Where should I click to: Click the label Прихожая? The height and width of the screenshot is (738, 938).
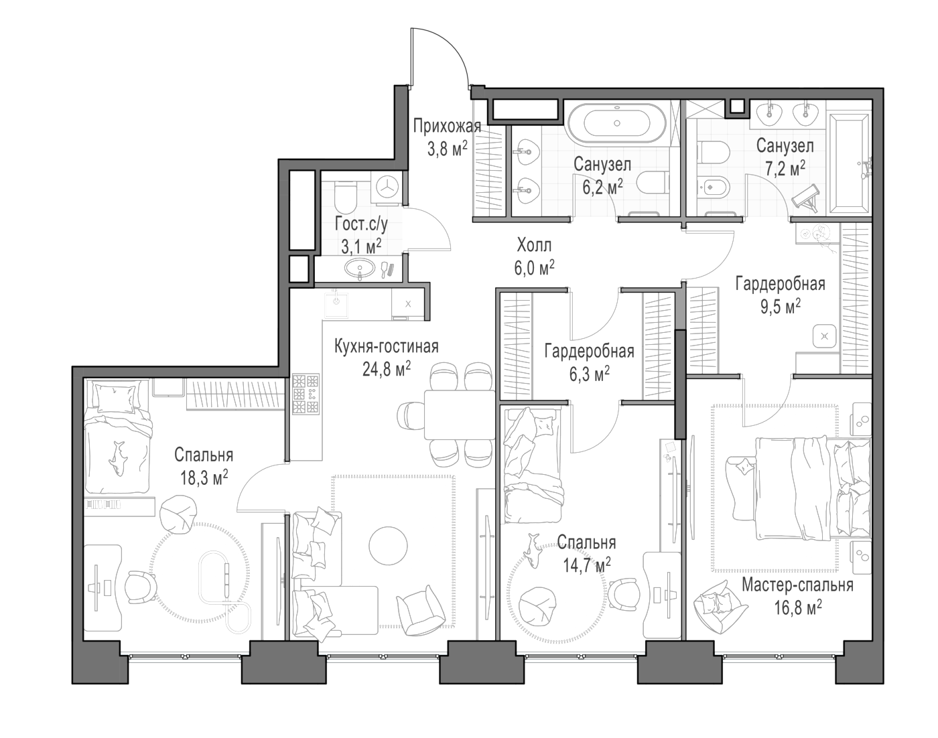pyautogui.click(x=447, y=127)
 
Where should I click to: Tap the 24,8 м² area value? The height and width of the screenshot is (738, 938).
pyautogui.click(x=386, y=370)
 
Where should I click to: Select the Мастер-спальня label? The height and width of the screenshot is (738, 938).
pyautogui.click(x=797, y=585)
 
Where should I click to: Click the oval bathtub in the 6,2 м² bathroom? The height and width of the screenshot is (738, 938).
pyautogui.click(x=617, y=123)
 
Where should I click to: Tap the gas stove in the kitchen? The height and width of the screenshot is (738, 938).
pyautogui.click(x=306, y=394)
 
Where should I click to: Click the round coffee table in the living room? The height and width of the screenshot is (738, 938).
pyautogui.click(x=388, y=545)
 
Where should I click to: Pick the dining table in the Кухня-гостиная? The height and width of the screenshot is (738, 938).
pyautogui.click(x=460, y=415)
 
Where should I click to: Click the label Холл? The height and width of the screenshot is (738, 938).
pyautogui.click(x=534, y=245)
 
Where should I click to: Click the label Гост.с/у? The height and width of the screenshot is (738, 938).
pyautogui.click(x=361, y=225)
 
